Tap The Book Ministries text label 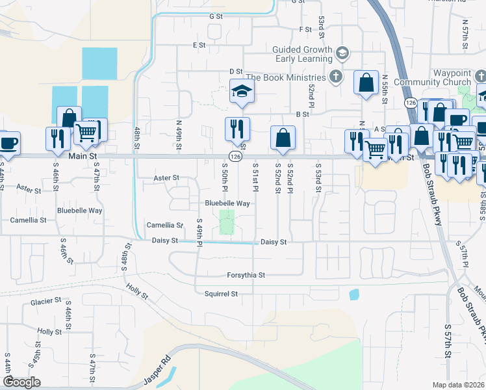pyautogui.click(x=287, y=77)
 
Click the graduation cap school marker pyautogui.click(x=242, y=92)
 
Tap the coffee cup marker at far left pyautogui.click(x=8, y=143)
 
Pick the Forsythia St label pyautogui.click(x=246, y=275)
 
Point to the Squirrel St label pyautogui.click(x=221, y=294)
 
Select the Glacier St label pyautogui.click(x=45, y=302)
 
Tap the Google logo pyautogui.click(x=21, y=382)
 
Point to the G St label pyautogui.click(x=216, y=16)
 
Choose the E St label pyautogui.click(x=199, y=45)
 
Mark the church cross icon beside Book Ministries pyautogui.click(x=335, y=77)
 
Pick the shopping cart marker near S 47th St pyautogui.click(x=86, y=131)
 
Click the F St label pyautogui.click(x=305, y=30)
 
